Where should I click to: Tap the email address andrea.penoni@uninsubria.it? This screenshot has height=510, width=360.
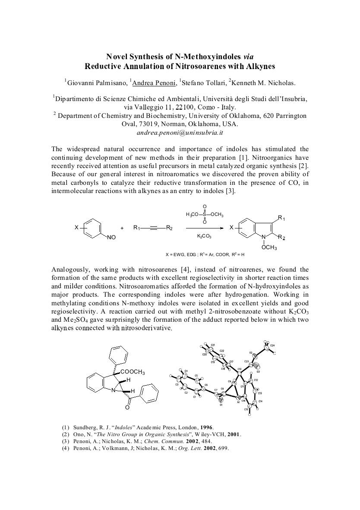(x=180, y=133)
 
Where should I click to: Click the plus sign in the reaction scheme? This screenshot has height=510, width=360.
(x=122, y=228)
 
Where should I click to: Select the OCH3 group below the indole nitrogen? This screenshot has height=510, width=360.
(x=269, y=248)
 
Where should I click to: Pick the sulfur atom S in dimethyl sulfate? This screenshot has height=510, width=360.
(x=204, y=214)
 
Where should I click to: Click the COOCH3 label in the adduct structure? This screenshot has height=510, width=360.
(x=133, y=372)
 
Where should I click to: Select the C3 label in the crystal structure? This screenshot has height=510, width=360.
(x=177, y=384)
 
